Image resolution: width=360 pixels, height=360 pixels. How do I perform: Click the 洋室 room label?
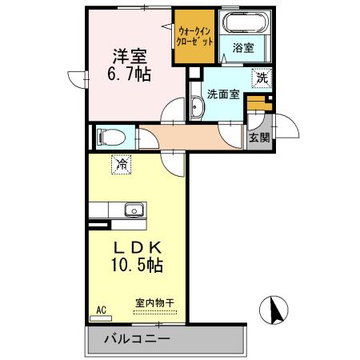(x=129, y=57)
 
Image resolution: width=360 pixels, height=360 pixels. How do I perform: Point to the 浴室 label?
(x=243, y=48)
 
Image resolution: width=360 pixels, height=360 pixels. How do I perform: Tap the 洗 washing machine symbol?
(x=262, y=78)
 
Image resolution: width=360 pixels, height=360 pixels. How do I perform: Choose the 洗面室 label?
(x=223, y=94)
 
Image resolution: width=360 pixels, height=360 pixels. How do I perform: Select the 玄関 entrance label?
(x=259, y=137)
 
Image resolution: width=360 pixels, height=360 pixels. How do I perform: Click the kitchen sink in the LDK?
(x=133, y=211)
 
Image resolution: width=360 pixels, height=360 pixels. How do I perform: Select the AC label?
(x=102, y=309)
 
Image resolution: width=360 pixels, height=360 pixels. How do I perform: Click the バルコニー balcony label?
(x=136, y=340)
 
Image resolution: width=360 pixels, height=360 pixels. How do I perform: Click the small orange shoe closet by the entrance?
(x=256, y=104)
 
